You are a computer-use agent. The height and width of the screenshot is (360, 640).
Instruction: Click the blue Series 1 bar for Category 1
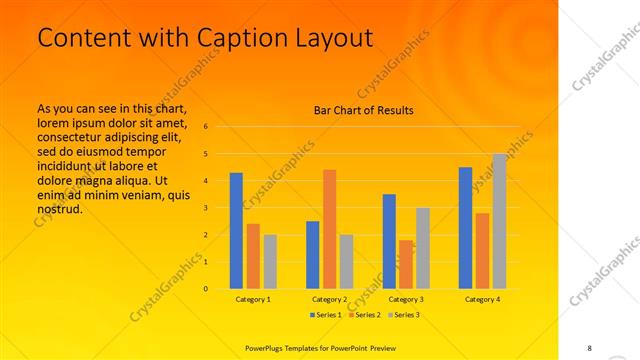(x=236, y=231)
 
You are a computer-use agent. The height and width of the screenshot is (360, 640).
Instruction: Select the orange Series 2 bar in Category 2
(x=329, y=229)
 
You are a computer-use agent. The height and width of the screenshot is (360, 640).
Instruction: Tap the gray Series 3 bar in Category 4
(x=499, y=221)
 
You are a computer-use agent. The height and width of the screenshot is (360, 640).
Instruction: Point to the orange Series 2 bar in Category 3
(x=406, y=264)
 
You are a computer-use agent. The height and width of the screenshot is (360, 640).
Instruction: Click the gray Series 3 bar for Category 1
(x=270, y=262)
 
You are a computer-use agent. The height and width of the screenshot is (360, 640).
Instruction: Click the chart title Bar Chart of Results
(x=357, y=110)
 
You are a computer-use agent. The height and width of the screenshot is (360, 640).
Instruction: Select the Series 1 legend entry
(x=325, y=315)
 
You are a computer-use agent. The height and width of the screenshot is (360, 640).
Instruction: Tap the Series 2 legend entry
(x=363, y=315)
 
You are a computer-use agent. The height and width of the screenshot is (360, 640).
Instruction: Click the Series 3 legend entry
(x=401, y=315)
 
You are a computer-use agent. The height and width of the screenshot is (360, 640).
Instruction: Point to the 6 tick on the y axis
(x=205, y=127)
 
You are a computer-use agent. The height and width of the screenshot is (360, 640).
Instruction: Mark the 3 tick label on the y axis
(x=205, y=208)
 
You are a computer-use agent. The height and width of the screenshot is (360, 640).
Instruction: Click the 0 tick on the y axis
(x=205, y=289)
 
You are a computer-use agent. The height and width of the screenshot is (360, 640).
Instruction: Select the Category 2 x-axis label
(x=329, y=299)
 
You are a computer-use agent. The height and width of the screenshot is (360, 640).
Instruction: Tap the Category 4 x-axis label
(x=482, y=299)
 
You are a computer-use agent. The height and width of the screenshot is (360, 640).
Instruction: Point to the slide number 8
(x=589, y=346)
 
